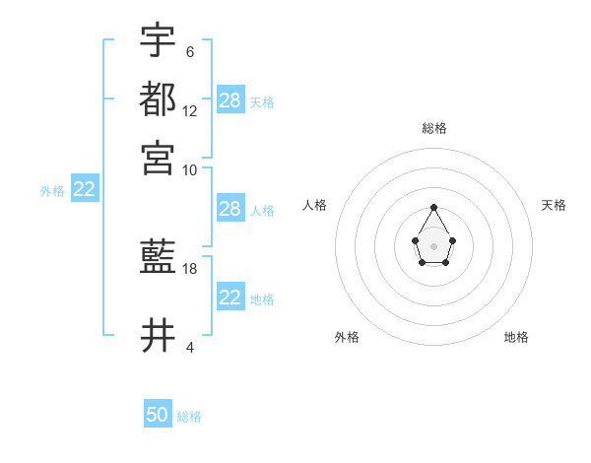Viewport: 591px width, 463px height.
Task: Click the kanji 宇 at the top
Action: (x=158, y=40)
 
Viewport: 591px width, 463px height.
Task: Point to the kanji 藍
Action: (x=158, y=259)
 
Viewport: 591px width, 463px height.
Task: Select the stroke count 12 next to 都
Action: (x=190, y=111)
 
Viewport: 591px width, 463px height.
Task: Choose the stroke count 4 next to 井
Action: (x=189, y=347)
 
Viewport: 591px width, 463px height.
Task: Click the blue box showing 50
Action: (x=158, y=415)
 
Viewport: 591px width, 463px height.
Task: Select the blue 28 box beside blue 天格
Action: (x=230, y=99)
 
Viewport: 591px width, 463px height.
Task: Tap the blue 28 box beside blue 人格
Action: (x=230, y=209)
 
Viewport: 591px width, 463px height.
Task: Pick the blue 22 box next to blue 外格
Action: (x=84, y=189)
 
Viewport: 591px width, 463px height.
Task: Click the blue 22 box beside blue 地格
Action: (x=230, y=297)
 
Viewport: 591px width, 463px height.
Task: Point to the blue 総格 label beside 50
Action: (x=189, y=417)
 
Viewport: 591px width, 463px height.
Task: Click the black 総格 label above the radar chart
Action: (x=434, y=128)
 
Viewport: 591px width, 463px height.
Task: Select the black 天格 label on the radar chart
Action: (x=554, y=205)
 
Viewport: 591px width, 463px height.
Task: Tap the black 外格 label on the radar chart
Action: (x=347, y=337)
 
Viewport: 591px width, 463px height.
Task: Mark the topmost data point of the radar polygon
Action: (x=434, y=207)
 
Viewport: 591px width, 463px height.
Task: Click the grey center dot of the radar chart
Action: (x=434, y=245)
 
